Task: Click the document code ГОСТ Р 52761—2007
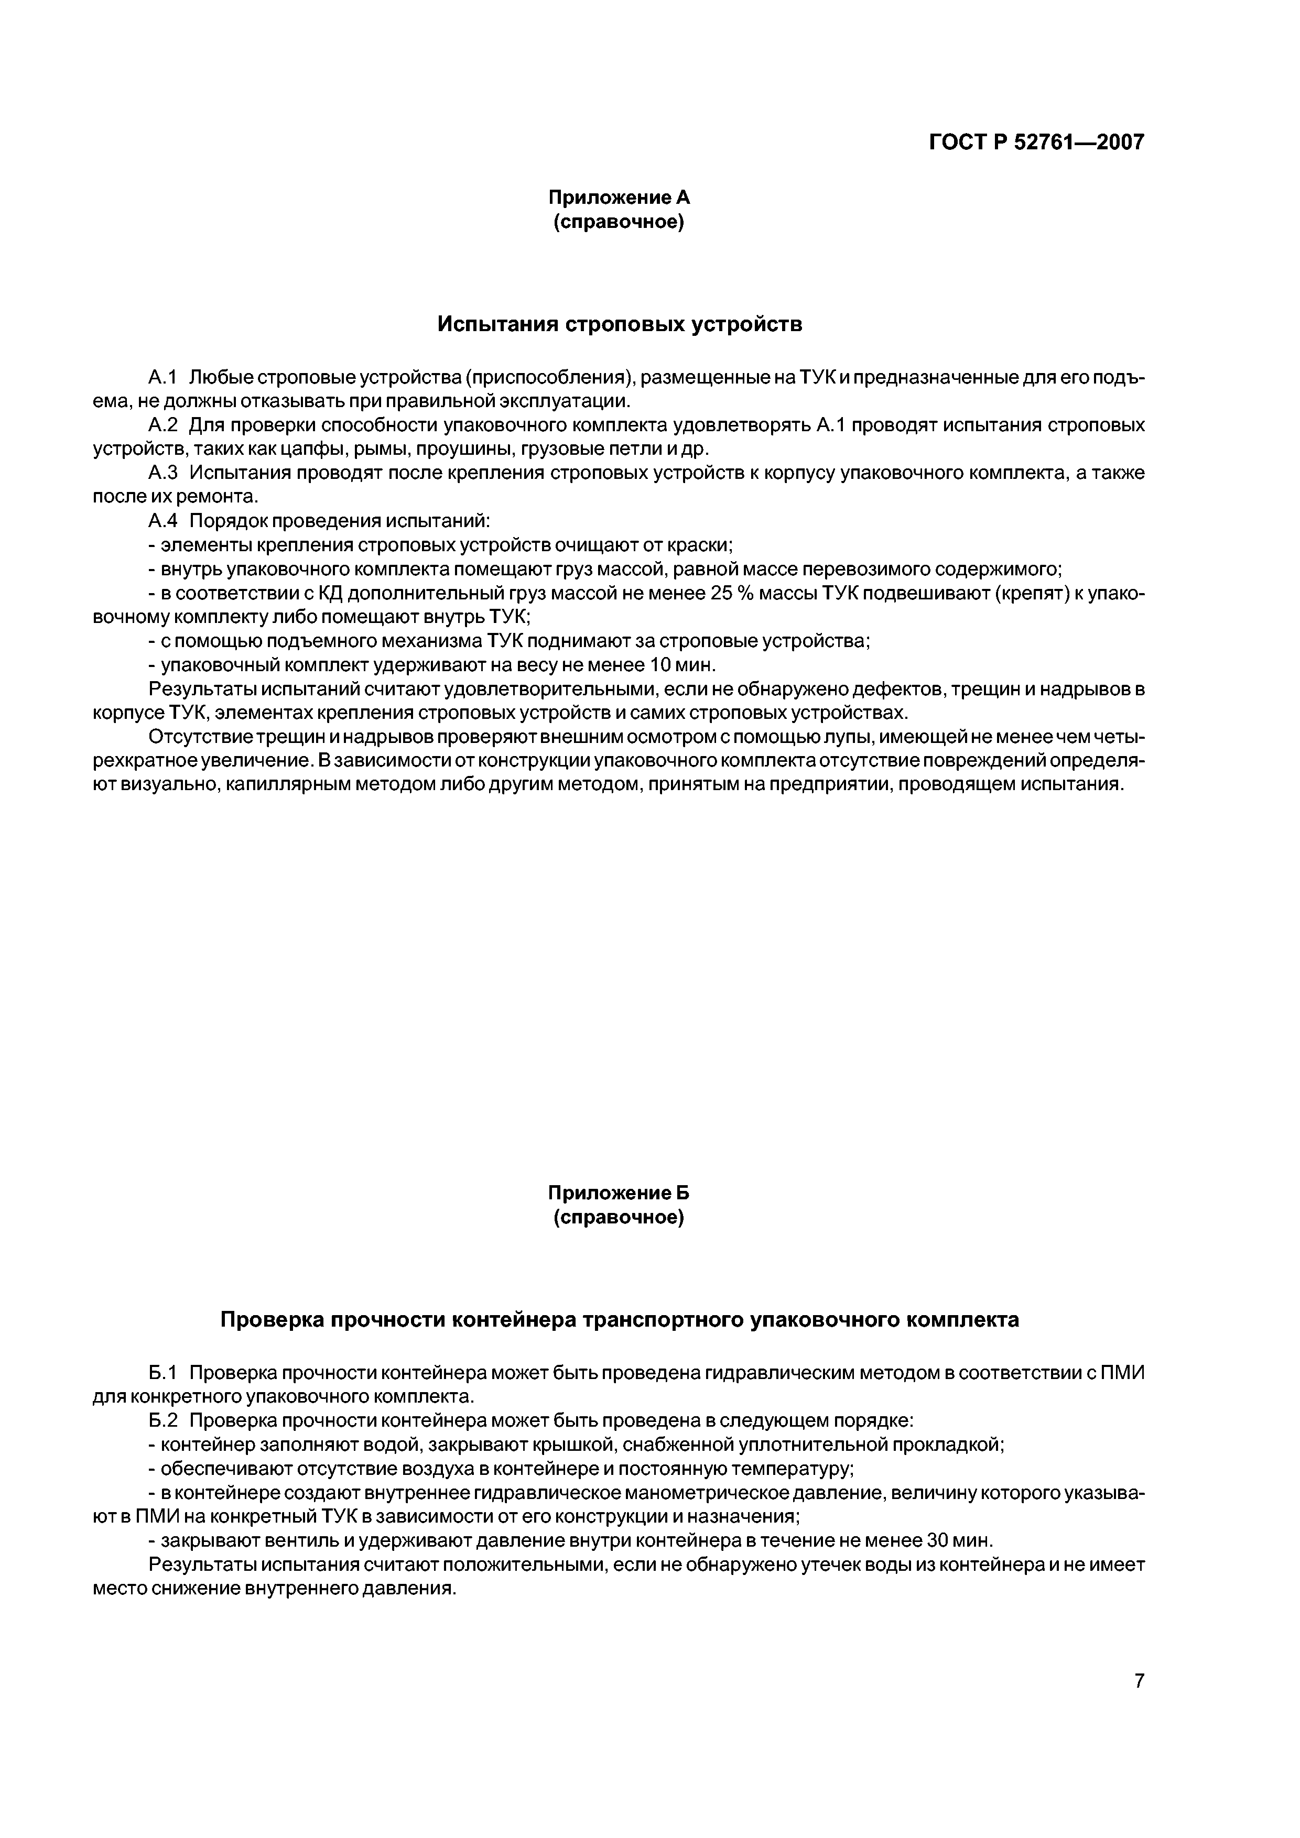point(1036,143)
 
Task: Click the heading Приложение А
point(619,197)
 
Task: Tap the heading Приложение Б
point(619,1193)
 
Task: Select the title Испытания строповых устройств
point(619,324)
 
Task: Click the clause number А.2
point(162,425)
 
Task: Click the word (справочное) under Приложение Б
point(619,1218)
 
